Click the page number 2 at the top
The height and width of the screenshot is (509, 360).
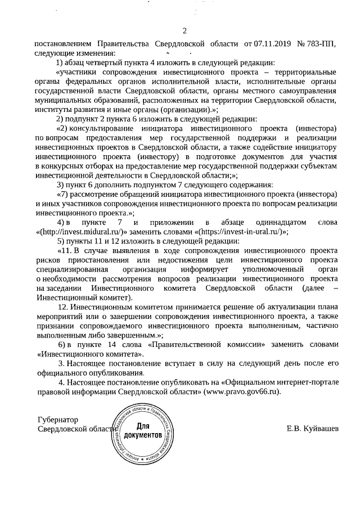click(184, 30)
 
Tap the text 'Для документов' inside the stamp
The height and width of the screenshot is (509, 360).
click(143, 431)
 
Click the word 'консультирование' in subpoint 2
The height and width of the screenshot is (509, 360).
click(107, 128)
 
